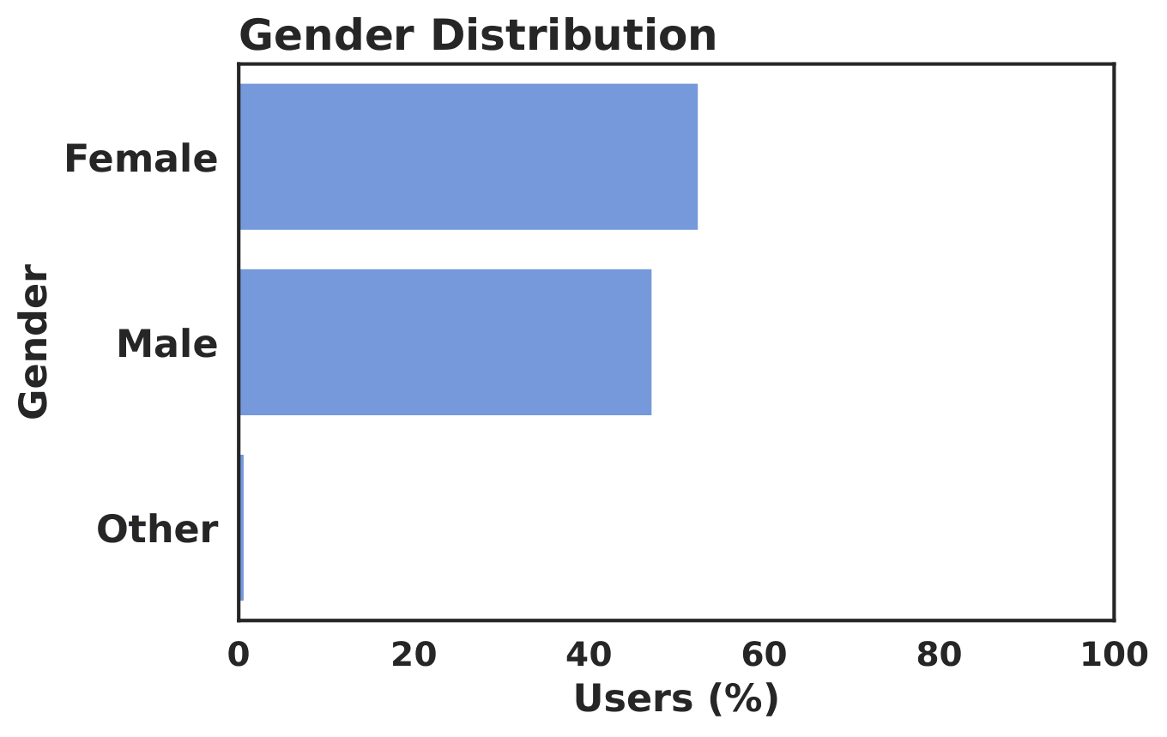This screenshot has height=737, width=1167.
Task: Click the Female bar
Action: click(x=468, y=156)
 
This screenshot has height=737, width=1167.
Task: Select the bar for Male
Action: click(x=444, y=342)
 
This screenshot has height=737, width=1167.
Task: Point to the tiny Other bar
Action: click(x=241, y=528)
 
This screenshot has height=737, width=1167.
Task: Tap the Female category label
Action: click(x=141, y=160)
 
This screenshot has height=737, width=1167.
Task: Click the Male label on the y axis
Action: click(x=166, y=345)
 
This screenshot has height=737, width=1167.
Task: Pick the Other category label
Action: click(x=157, y=529)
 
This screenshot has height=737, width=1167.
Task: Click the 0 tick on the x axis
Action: click(x=238, y=655)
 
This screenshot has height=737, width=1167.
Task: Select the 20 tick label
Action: click(x=414, y=655)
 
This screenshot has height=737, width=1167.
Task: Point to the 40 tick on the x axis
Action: click(x=589, y=655)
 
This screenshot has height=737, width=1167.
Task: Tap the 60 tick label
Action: click(x=764, y=655)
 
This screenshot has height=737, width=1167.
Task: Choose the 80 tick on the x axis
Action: click(x=939, y=655)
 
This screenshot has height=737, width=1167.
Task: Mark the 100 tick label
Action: click(x=1114, y=655)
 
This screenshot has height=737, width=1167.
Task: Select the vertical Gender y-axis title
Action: click(x=34, y=341)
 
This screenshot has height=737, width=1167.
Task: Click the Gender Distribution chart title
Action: click(x=477, y=36)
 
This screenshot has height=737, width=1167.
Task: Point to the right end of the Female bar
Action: click(x=696, y=156)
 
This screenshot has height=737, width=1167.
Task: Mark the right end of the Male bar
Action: click(x=650, y=342)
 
